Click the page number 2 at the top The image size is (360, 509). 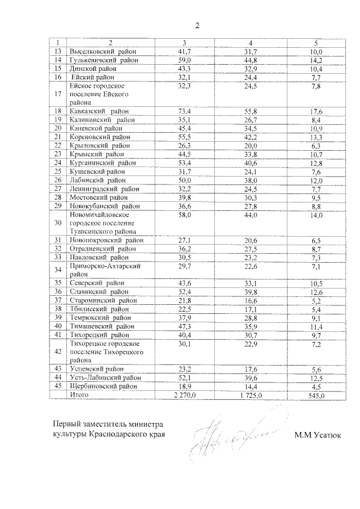click(197, 25)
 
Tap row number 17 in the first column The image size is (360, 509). click(57, 94)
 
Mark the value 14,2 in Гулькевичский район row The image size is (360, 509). click(318, 60)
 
